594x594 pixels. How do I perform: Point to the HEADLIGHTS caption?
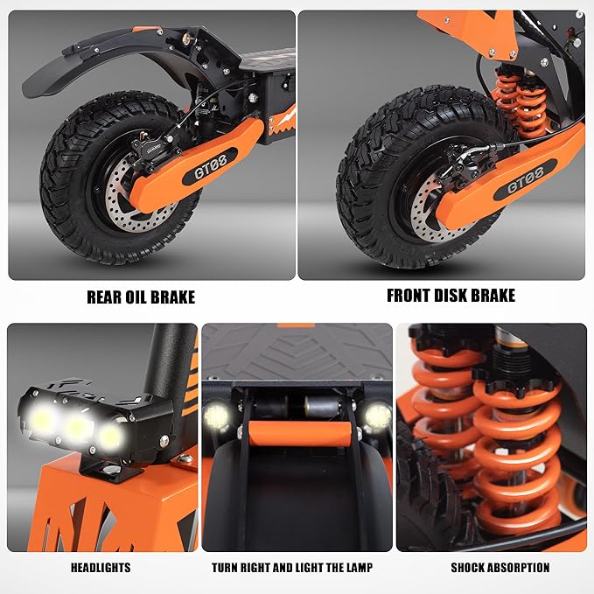(x=101, y=568)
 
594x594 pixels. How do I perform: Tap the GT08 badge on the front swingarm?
(x=525, y=178)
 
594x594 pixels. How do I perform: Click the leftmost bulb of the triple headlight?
(x=43, y=419)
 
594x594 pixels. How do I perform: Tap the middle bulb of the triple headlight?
(x=78, y=427)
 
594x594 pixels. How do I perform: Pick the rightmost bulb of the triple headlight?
(x=110, y=436)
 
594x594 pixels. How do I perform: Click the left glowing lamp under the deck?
(x=216, y=416)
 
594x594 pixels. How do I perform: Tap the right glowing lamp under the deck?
(x=378, y=416)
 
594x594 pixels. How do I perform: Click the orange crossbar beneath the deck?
(x=299, y=434)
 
